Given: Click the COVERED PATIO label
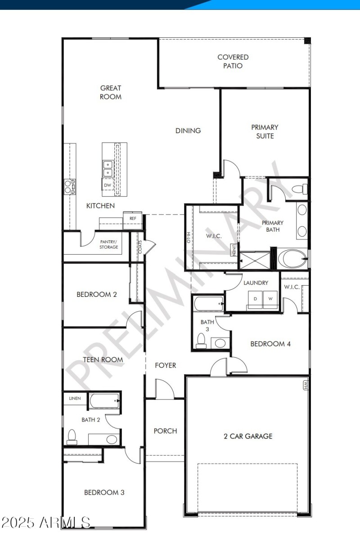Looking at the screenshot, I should click(233, 62).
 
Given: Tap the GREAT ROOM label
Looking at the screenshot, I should click(111, 92).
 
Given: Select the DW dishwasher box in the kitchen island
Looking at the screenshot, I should click(108, 185).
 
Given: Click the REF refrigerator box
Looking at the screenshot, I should click(133, 218).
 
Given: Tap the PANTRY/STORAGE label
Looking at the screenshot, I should click(109, 244).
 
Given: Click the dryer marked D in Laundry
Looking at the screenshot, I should click(255, 299).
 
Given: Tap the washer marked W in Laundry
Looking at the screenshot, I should click(270, 299).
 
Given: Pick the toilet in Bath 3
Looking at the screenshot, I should click(201, 341).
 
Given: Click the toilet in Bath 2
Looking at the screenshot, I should click(72, 436).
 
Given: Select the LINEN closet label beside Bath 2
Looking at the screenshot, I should click(75, 399).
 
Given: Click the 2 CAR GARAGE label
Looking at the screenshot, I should click(248, 436).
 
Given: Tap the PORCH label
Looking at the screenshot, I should click(165, 431).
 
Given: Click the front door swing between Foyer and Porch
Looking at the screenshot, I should click(163, 389).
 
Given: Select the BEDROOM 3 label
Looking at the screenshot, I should click(104, 493).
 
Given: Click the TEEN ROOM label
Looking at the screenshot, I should click(103, 359).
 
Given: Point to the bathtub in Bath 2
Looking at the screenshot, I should click(104, 401).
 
